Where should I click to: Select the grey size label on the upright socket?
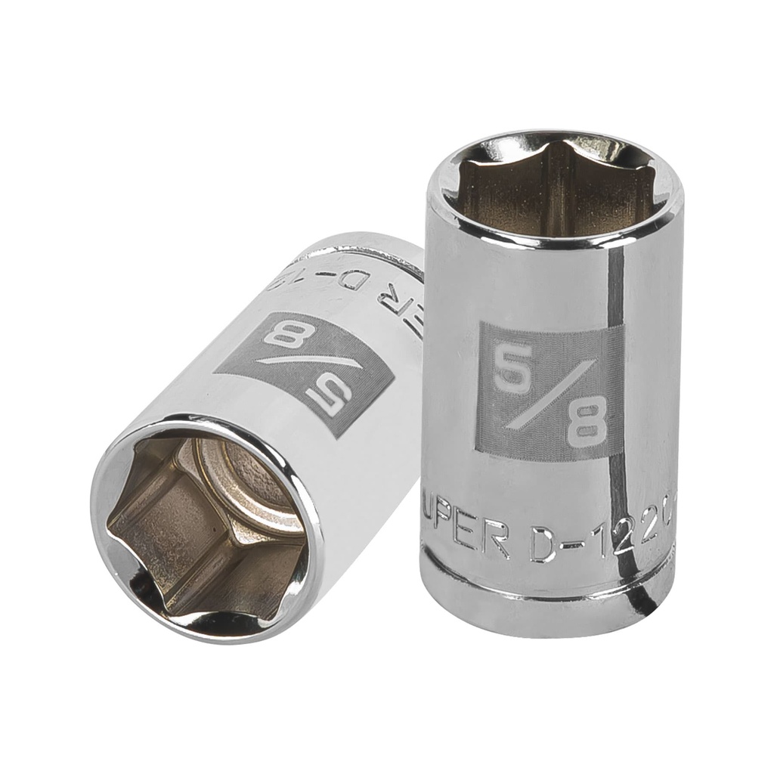(x=551, y=391)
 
